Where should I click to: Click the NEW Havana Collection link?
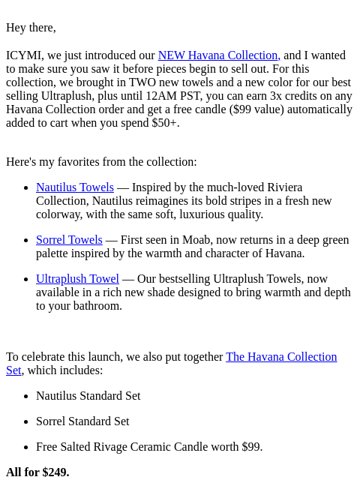(219, 55)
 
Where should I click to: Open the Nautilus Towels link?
(75, 187)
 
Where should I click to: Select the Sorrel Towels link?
(69, 240)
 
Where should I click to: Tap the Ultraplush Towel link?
(77, 279)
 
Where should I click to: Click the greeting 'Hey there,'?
(31, 28)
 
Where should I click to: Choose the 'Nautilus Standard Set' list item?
(88, 396)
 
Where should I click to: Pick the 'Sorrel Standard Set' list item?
(82, 421)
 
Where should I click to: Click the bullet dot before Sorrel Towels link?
(26, 241)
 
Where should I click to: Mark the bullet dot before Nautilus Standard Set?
(26, 397)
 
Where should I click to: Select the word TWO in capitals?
(142, 82)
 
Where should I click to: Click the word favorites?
(80, 162)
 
